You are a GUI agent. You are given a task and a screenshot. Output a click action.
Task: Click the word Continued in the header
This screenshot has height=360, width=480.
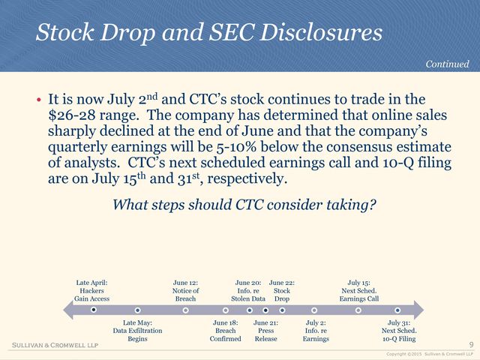point(447,64)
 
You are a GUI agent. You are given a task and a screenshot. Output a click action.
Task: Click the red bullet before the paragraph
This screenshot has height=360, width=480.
point(38,100)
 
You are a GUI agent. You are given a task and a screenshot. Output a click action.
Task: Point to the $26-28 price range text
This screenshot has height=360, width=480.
point(72,115)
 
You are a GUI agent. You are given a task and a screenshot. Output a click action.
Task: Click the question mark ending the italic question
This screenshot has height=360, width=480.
point(372,205)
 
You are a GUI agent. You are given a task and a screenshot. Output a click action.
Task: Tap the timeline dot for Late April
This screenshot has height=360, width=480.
point(94,310)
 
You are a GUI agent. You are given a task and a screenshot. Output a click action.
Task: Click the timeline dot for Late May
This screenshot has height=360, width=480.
point(138,310)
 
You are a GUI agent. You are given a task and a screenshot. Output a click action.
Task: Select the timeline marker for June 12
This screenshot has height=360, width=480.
point(185,310)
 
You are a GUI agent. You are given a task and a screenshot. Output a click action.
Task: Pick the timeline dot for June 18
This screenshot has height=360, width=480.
point(226,310)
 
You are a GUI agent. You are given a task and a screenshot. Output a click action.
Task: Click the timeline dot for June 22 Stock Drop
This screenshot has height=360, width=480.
point(282,310)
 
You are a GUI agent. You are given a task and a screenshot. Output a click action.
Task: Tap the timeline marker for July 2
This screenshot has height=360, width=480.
point(314,310)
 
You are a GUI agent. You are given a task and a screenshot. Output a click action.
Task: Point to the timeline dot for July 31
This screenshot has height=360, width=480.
point(397,310)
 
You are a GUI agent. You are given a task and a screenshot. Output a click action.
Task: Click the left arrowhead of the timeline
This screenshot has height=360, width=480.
point(68,310)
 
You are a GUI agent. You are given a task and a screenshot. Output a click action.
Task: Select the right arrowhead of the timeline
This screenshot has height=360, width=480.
point(418,310)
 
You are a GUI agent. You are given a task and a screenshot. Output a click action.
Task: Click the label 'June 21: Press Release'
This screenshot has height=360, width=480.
point(265,331)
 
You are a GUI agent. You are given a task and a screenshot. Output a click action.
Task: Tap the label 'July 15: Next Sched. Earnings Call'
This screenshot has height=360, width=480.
point(358,291)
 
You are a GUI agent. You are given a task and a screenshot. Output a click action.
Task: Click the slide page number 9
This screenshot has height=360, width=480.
point(472,345)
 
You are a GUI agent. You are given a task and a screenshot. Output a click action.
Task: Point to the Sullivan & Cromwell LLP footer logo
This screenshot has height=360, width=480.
point(55,345)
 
